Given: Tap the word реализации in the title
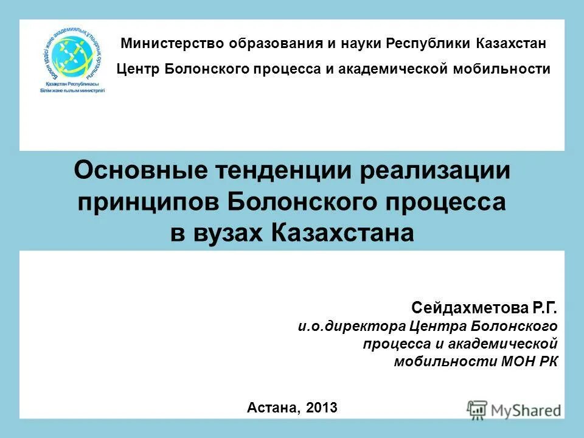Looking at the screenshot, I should pos(434,171).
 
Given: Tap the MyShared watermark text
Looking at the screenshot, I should pos(525,410).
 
